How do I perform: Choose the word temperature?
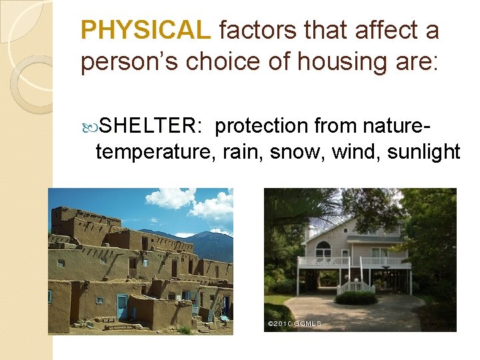[x=154, y=152]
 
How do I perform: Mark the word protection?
[x=263, y=126]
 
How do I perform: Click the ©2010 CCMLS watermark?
[x=294, y=324]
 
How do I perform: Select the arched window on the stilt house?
[x=323, y=249]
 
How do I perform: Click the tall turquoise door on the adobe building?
[x=123, y=307]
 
